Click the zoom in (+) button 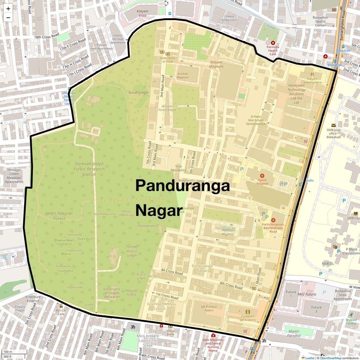point(8,8)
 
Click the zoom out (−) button point(8,17)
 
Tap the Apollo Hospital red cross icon point(262,176)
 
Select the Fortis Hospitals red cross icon point(273,220)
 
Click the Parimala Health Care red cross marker point(273,43)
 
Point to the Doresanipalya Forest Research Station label point(89,169)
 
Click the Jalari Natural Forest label point(59,216)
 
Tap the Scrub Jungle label point(138,92)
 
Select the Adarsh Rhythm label point(227,232)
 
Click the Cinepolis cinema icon point(247,312)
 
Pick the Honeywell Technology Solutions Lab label point(296,94)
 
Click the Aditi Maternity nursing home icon point(213,335)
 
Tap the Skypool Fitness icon point(351,315)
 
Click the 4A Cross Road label point(172,271)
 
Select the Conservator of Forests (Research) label point(112,293)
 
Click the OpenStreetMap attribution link point(330,358)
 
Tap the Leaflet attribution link point(310,358)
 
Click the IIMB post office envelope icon point(334,125)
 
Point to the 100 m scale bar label point(8,352)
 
